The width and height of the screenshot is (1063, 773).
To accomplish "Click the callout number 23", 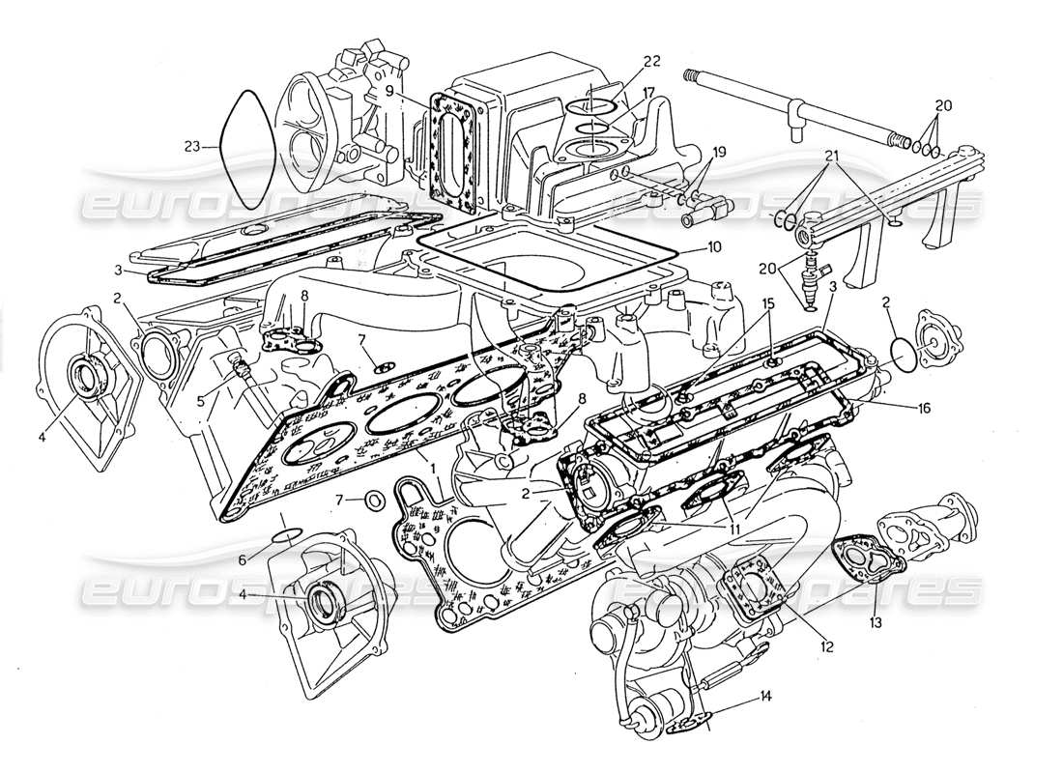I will (192, 147).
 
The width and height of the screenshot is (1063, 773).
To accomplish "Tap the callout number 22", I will (652, 61).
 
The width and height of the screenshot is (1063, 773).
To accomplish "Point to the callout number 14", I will (766, 694).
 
